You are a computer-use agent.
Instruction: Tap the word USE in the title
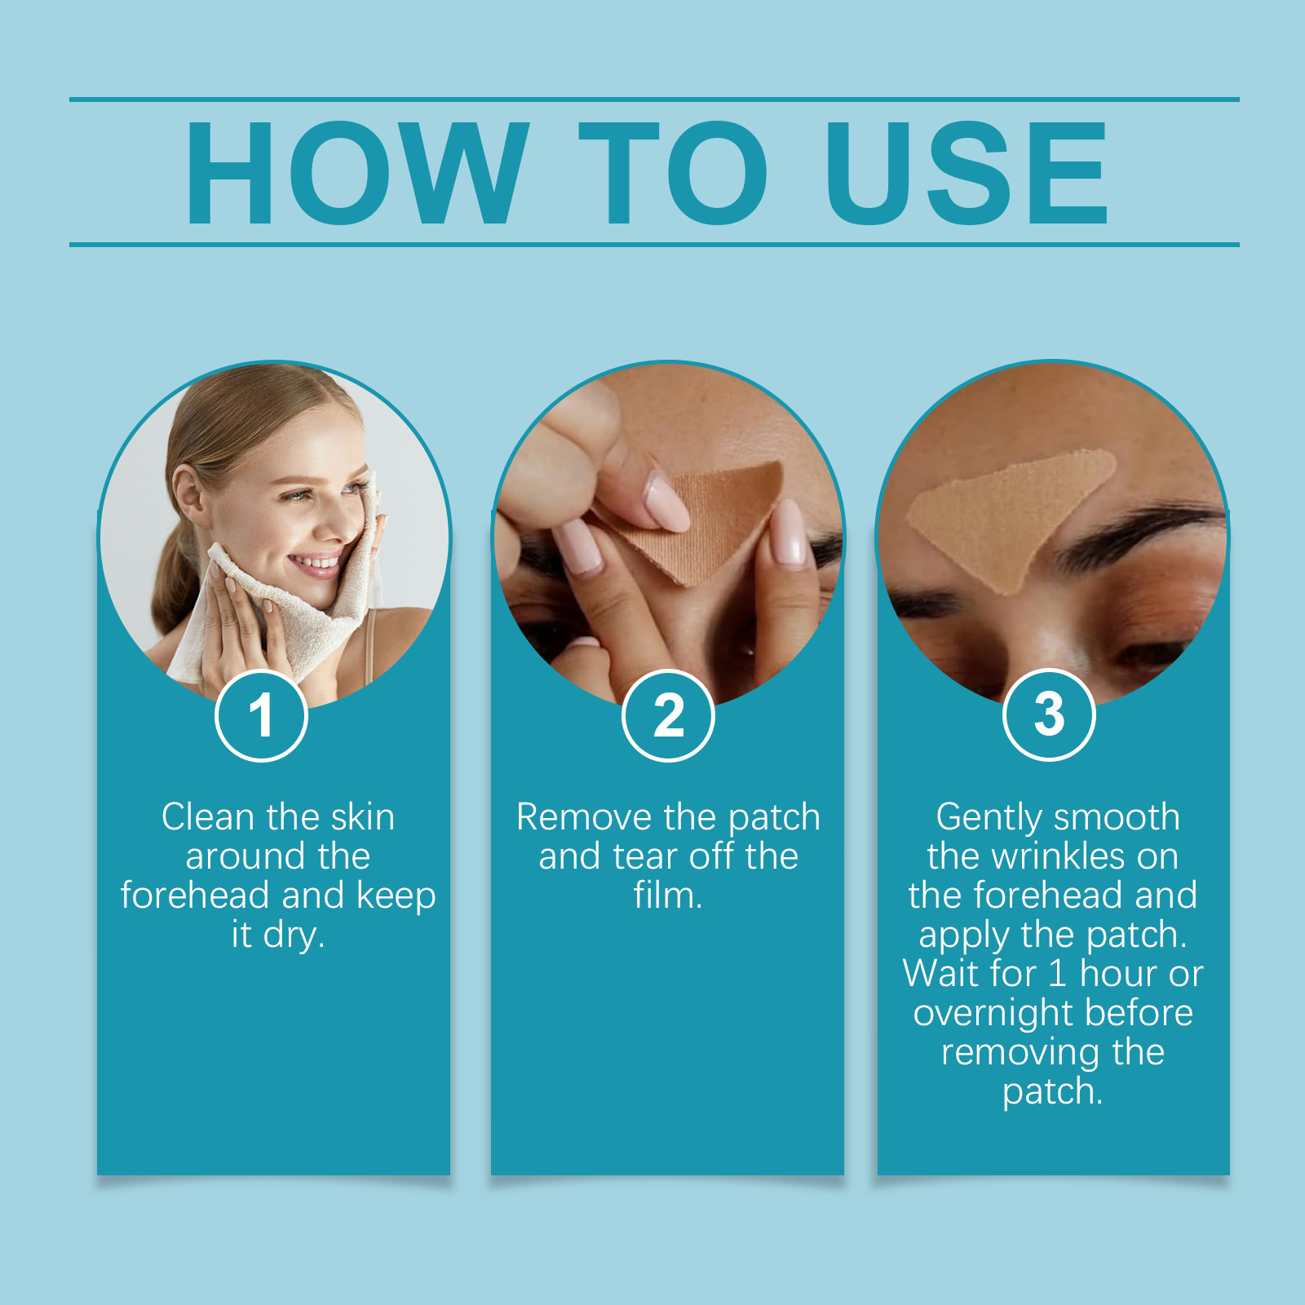(x=967, y=172)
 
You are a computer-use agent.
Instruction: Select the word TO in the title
(x=674, y=172)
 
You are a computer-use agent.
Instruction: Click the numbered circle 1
(x=261, y=715)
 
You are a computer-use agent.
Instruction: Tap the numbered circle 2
(x=668, y=715)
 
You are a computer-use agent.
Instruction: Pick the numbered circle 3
(x=1049, y=714)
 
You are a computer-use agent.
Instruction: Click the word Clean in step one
(x=208, y=816)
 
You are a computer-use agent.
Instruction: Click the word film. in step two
(x=668, y=896)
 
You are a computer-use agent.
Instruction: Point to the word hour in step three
(x=1119, y=974)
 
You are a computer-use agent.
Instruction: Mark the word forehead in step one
(x=194, y=896)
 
